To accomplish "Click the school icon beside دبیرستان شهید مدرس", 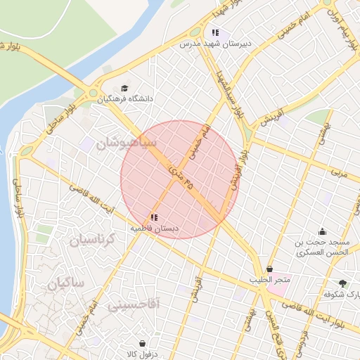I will click(215, 32).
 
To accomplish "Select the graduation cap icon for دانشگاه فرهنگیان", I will click(124, 89).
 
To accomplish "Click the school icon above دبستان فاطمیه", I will click(154, 217).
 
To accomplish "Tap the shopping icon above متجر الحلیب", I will click(269, 269).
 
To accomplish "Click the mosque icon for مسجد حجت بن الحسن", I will click(322, 231).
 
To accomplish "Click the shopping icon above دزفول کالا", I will click(143, 344).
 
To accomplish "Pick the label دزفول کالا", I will click(143, 354).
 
